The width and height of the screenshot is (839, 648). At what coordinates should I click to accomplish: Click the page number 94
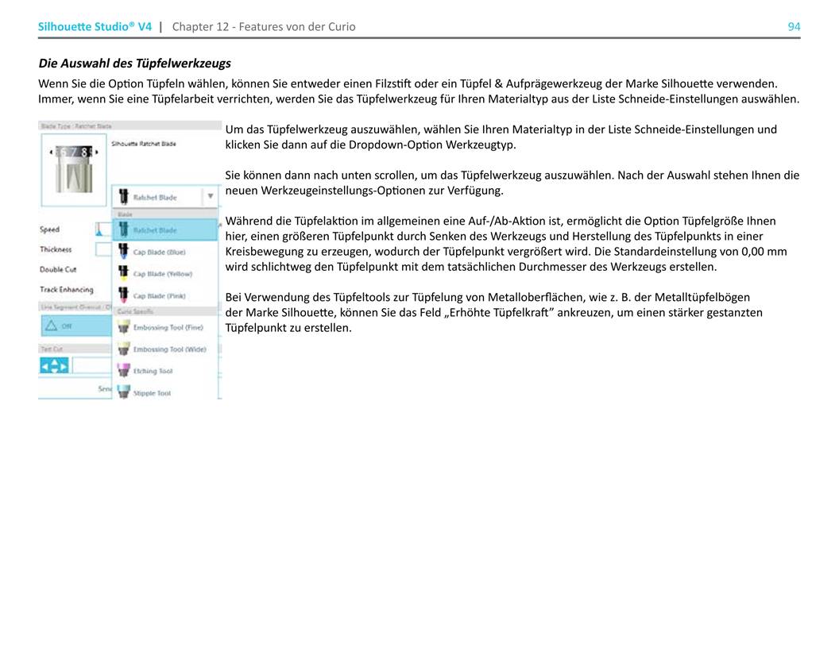pos(794,27)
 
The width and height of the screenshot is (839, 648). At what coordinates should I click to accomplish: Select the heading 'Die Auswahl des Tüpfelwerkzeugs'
pos(135,63)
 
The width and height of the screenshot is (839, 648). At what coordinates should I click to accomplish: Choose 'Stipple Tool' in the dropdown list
pos(152,393)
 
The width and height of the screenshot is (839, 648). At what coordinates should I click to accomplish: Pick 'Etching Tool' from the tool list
pos(153,371)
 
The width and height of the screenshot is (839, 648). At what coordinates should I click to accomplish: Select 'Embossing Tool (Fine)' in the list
pos(168,327)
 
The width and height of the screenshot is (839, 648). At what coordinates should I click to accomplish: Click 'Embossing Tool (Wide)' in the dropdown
pos(169,349)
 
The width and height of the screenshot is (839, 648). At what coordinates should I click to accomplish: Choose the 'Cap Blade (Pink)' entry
pos(159,295)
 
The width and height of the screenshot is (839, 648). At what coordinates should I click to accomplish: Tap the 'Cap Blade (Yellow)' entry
pos(162,273)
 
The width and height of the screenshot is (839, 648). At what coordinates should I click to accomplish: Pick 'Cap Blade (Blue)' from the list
pos(159,252)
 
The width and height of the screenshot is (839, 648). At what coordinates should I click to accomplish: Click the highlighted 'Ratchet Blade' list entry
pos(156,230)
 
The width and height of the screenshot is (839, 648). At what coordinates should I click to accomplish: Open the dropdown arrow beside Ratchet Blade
pos(210,196)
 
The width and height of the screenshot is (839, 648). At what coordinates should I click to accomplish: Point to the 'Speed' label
pos(49,229)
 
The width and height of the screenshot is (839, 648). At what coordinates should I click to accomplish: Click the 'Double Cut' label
pos(58,270)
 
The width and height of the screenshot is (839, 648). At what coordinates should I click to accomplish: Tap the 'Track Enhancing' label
pos(66,290)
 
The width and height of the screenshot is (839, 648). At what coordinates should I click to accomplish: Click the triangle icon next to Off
pos(52,326)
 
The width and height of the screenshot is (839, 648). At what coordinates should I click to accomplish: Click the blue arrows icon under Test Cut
pos(54,366)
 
